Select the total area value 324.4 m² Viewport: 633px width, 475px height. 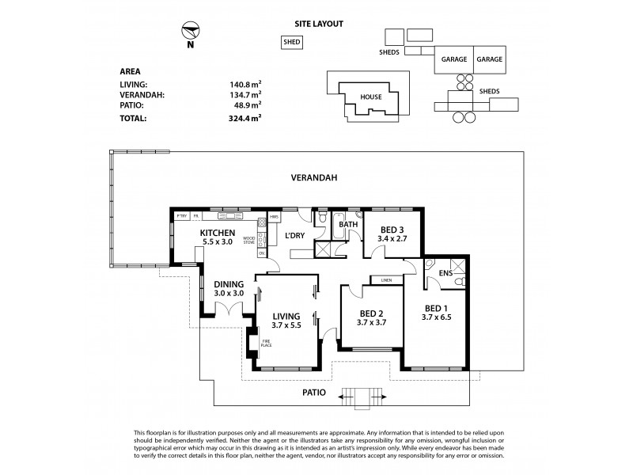[x=244, y=117]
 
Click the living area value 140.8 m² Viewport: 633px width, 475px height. [x=244, y=82]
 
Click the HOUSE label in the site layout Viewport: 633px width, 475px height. [x=371, y=97]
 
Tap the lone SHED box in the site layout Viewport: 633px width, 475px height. [x=292, y=43]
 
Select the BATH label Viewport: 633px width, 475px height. [x=348, y=225]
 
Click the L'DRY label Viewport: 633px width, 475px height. [x=297, y=236]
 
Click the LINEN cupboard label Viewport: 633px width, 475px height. [x=386, y=280]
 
